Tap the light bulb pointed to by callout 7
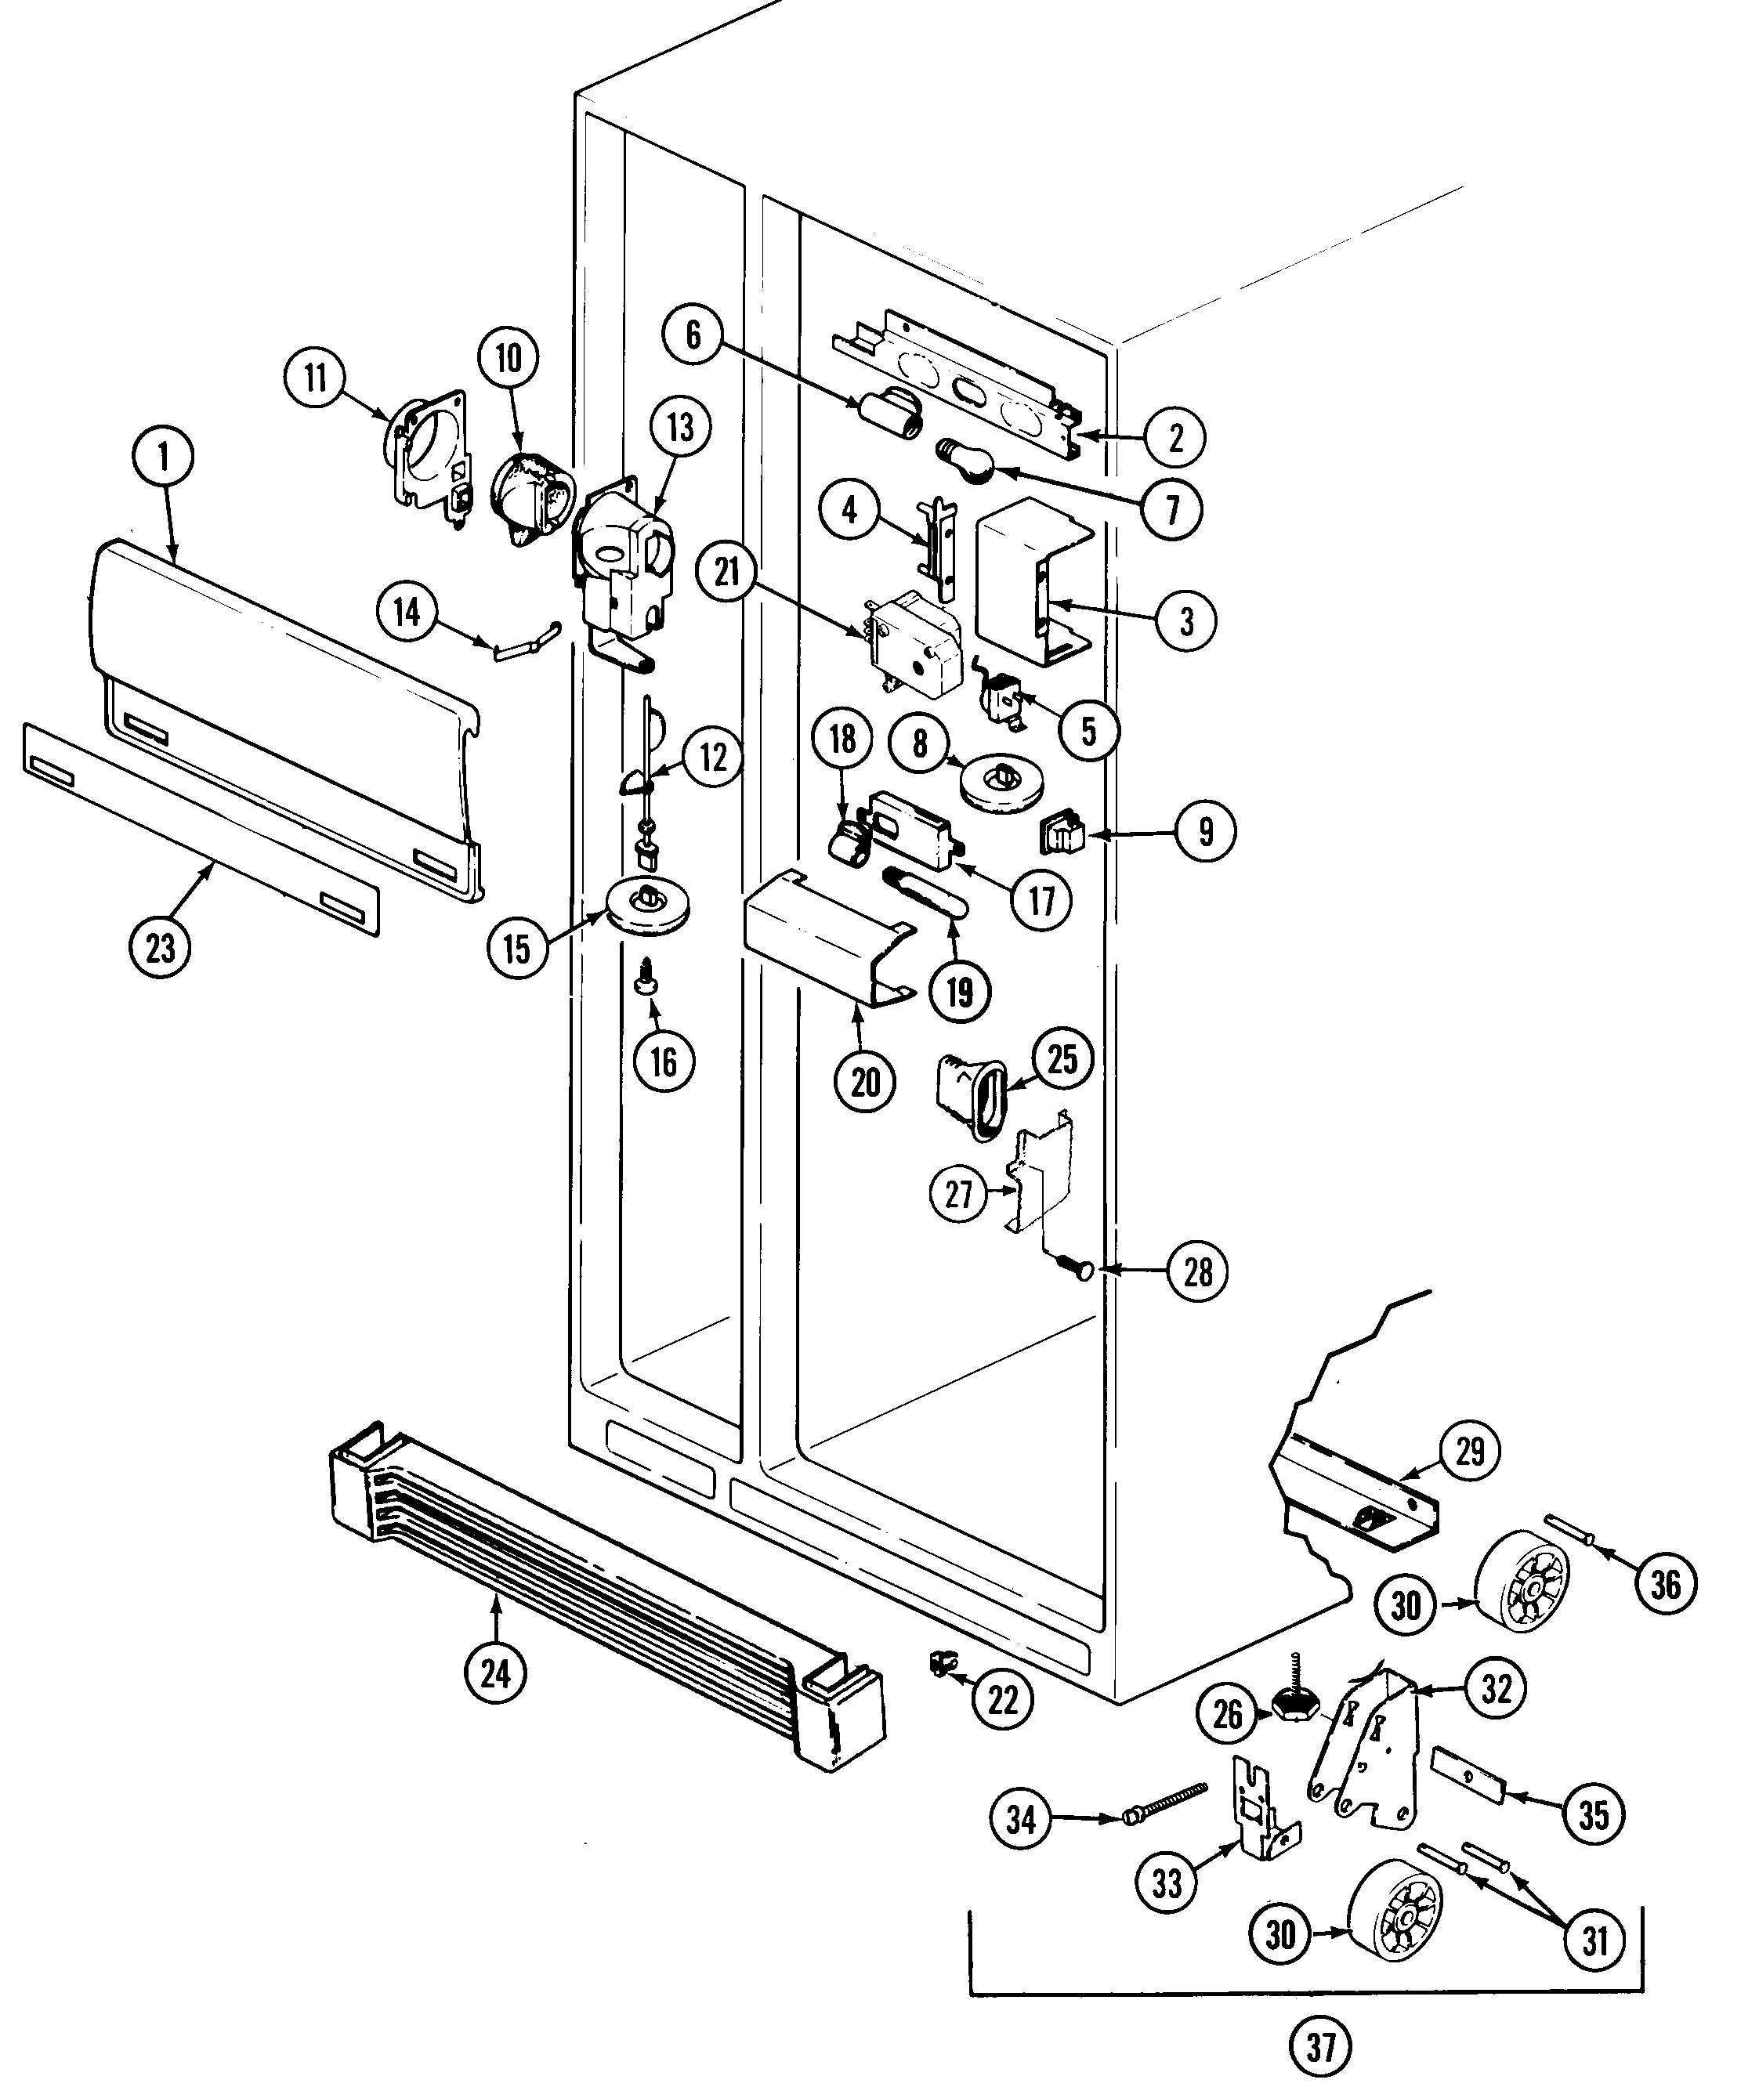[x=965, y=463]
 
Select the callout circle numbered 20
[x=866, y=1081]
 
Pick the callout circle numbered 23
[x=161, y=947]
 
